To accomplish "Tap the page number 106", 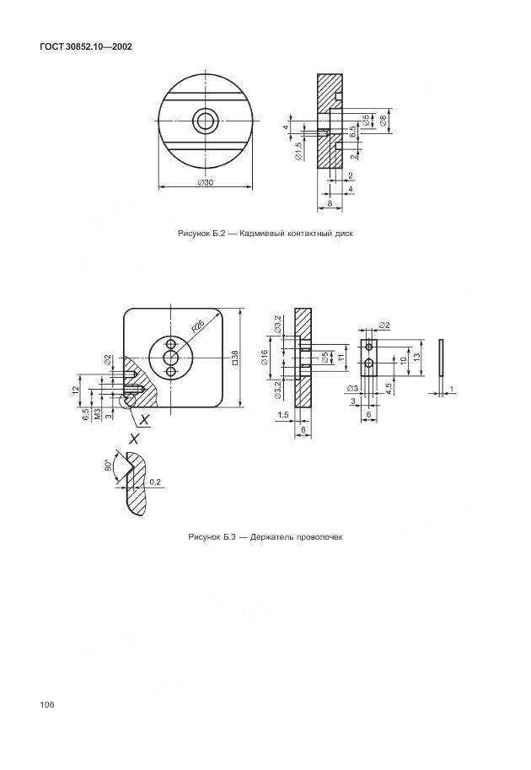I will [45, 704].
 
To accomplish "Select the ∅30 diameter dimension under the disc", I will [205, 182].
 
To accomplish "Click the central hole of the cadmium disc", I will [205, 121].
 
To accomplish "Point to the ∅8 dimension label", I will [384, 122].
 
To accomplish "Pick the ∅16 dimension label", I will [265, 358].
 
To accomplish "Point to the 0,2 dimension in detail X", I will [154, 482].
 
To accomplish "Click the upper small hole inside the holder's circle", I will [172, 344].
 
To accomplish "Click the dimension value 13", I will [417, 358].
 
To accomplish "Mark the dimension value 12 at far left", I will [75, 390].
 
